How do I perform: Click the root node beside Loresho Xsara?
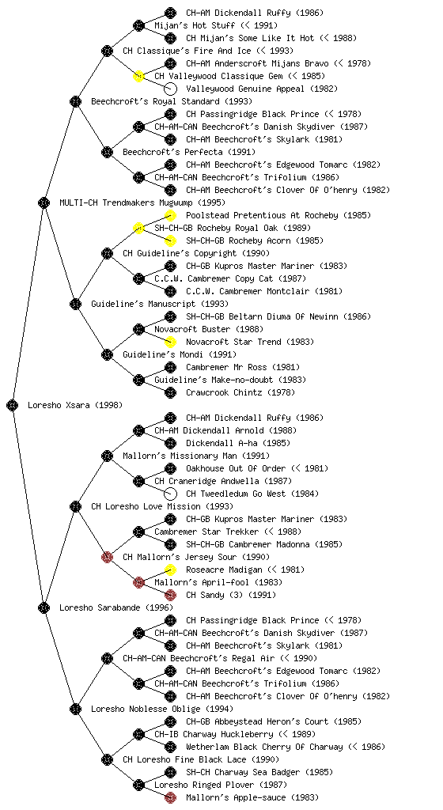13,405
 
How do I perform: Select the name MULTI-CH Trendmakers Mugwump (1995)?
142,202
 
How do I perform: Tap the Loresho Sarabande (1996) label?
116,607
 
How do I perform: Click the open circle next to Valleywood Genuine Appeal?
170,89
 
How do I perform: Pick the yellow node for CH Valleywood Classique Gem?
138,76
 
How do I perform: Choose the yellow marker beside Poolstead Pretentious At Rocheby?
170,215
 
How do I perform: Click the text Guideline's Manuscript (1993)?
160,304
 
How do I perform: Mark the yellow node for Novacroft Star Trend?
170,342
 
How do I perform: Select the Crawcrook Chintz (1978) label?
240,392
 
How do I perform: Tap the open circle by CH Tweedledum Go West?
170,494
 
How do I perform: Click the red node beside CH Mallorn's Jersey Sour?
107,557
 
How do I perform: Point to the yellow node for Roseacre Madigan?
170,570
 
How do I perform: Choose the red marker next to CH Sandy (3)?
170,595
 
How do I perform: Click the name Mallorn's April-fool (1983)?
218,582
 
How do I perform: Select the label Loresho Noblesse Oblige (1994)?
162,709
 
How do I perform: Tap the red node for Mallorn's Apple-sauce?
170,797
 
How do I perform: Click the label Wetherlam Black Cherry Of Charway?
264,747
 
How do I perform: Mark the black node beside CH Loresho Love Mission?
75,506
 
